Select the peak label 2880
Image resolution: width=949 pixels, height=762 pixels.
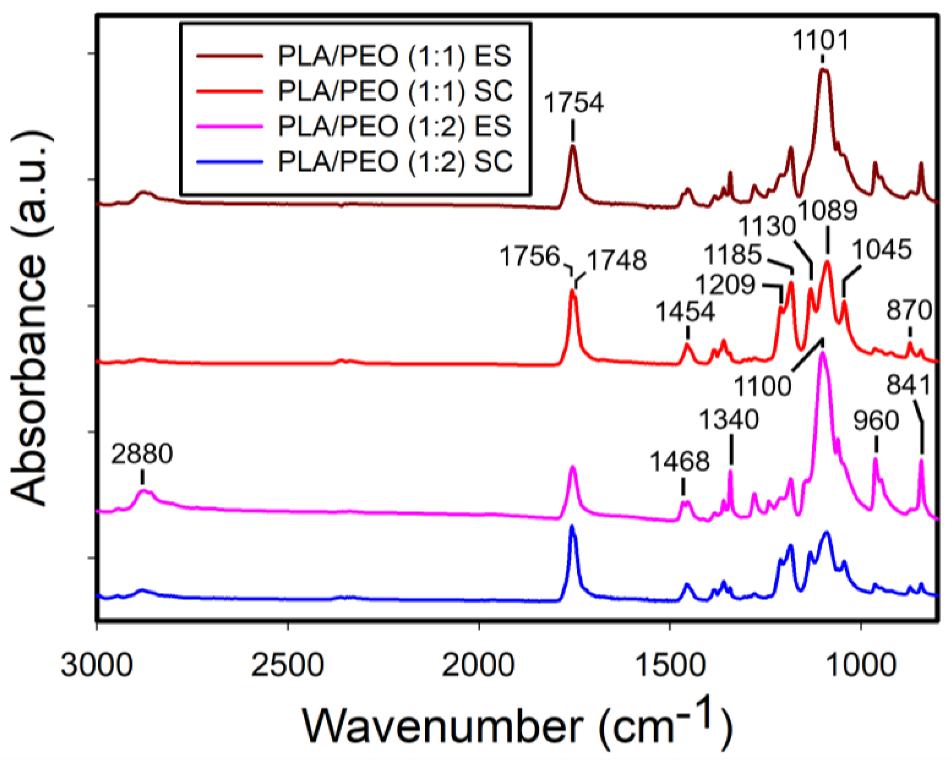tap(142, 454)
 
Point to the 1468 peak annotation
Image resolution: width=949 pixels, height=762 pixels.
tap(680, 462)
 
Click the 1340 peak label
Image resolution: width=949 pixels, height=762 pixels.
tap(729, 419)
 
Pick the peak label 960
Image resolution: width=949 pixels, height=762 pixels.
tap(876, 421)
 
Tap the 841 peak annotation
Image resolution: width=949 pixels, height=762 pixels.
tap(909, 385)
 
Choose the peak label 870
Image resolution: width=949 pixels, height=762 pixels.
tap(909, 310)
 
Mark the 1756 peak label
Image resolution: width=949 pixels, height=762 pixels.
tap(530, 256)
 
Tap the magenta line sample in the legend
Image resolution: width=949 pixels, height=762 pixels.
tap(230, 126)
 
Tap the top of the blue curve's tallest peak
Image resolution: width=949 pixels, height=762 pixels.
tap(572, 527)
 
